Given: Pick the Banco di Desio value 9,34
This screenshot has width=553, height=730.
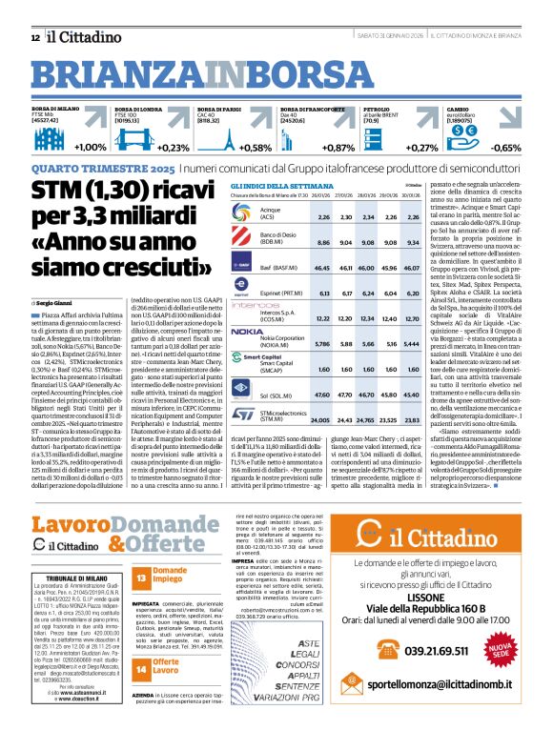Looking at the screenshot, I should click(414, 243).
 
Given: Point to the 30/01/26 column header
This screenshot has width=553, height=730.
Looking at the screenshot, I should click(414, 195).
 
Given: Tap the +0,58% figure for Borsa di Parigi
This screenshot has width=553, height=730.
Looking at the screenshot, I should click(256, 148).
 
